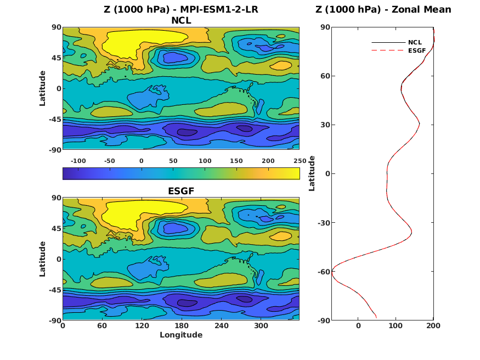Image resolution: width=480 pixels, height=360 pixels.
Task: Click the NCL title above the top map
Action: tap(181, 21)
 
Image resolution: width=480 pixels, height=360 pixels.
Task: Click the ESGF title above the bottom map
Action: tap(181, 192)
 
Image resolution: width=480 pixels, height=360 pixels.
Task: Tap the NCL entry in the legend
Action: tap(414, 42)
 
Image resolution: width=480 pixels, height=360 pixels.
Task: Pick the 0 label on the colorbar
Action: tap(142, 160)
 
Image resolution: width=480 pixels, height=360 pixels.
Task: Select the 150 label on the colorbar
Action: tap(236, 160)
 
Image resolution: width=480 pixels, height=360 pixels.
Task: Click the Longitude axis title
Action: tap(181, 335)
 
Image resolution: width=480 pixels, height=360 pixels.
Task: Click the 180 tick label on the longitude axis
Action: tap(181, 325)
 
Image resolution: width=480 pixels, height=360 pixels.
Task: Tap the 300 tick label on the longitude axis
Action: tap(260, 325)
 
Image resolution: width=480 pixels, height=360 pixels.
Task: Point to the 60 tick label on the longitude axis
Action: tap(102, 325)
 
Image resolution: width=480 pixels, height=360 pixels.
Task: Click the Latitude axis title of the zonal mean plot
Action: tap(312, 173)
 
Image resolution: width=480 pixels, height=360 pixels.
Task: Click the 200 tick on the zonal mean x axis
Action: tap(433, 325)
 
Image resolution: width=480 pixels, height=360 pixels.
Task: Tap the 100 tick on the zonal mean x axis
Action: tap(396, 325)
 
